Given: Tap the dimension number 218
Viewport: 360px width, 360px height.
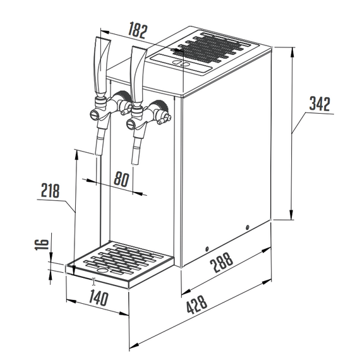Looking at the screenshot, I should coord(51,188).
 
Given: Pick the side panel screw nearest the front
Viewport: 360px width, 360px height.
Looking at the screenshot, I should coord(207,248).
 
